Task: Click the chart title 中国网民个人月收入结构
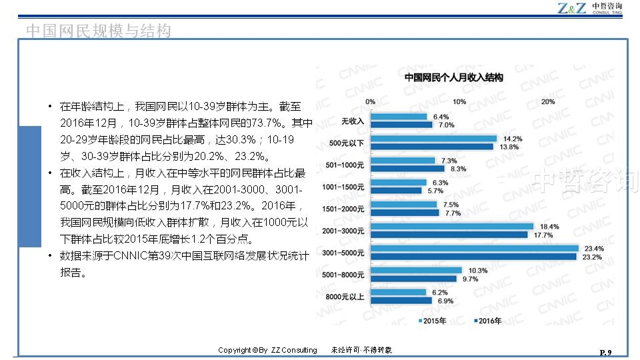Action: (x=453, y=78)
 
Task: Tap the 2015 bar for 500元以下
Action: (x=433, y=139)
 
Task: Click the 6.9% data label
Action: (x=445, y=301)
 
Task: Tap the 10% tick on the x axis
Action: (x=459, y=102)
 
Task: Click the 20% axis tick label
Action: (x=548, y=102)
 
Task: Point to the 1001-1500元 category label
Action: (x=343, y=187)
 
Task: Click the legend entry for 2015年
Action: (x=433, y=321)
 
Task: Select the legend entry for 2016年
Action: (x=488, y=321)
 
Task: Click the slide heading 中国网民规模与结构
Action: (x=98, y=31)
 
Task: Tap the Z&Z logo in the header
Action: (x=572, y=8)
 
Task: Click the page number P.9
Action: (x=605, y=351)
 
